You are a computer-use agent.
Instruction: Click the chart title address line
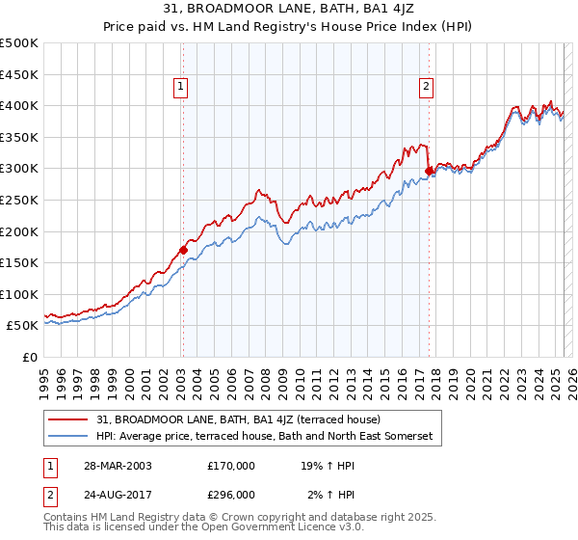pyautogui.click(x=289, y=9)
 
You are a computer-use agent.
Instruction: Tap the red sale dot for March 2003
pyautogui.click(x=183, y=251)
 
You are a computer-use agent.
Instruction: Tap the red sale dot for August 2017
pyautogui.click(x=429, y=172)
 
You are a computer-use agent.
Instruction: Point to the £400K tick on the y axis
pyautogui.click(x=21, y=105)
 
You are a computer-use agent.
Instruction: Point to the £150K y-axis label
pyautogui.click(x=21, y=262)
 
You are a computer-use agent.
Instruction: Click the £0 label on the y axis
pyautogui.click(x=29, y=357)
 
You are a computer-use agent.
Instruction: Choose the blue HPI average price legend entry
pyautogui.click(x=265, y=436)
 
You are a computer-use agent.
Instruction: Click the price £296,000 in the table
pyautogui.click(x=231, y=495)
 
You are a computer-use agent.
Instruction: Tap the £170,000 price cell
pyautogui.click(x=231, y=466)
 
